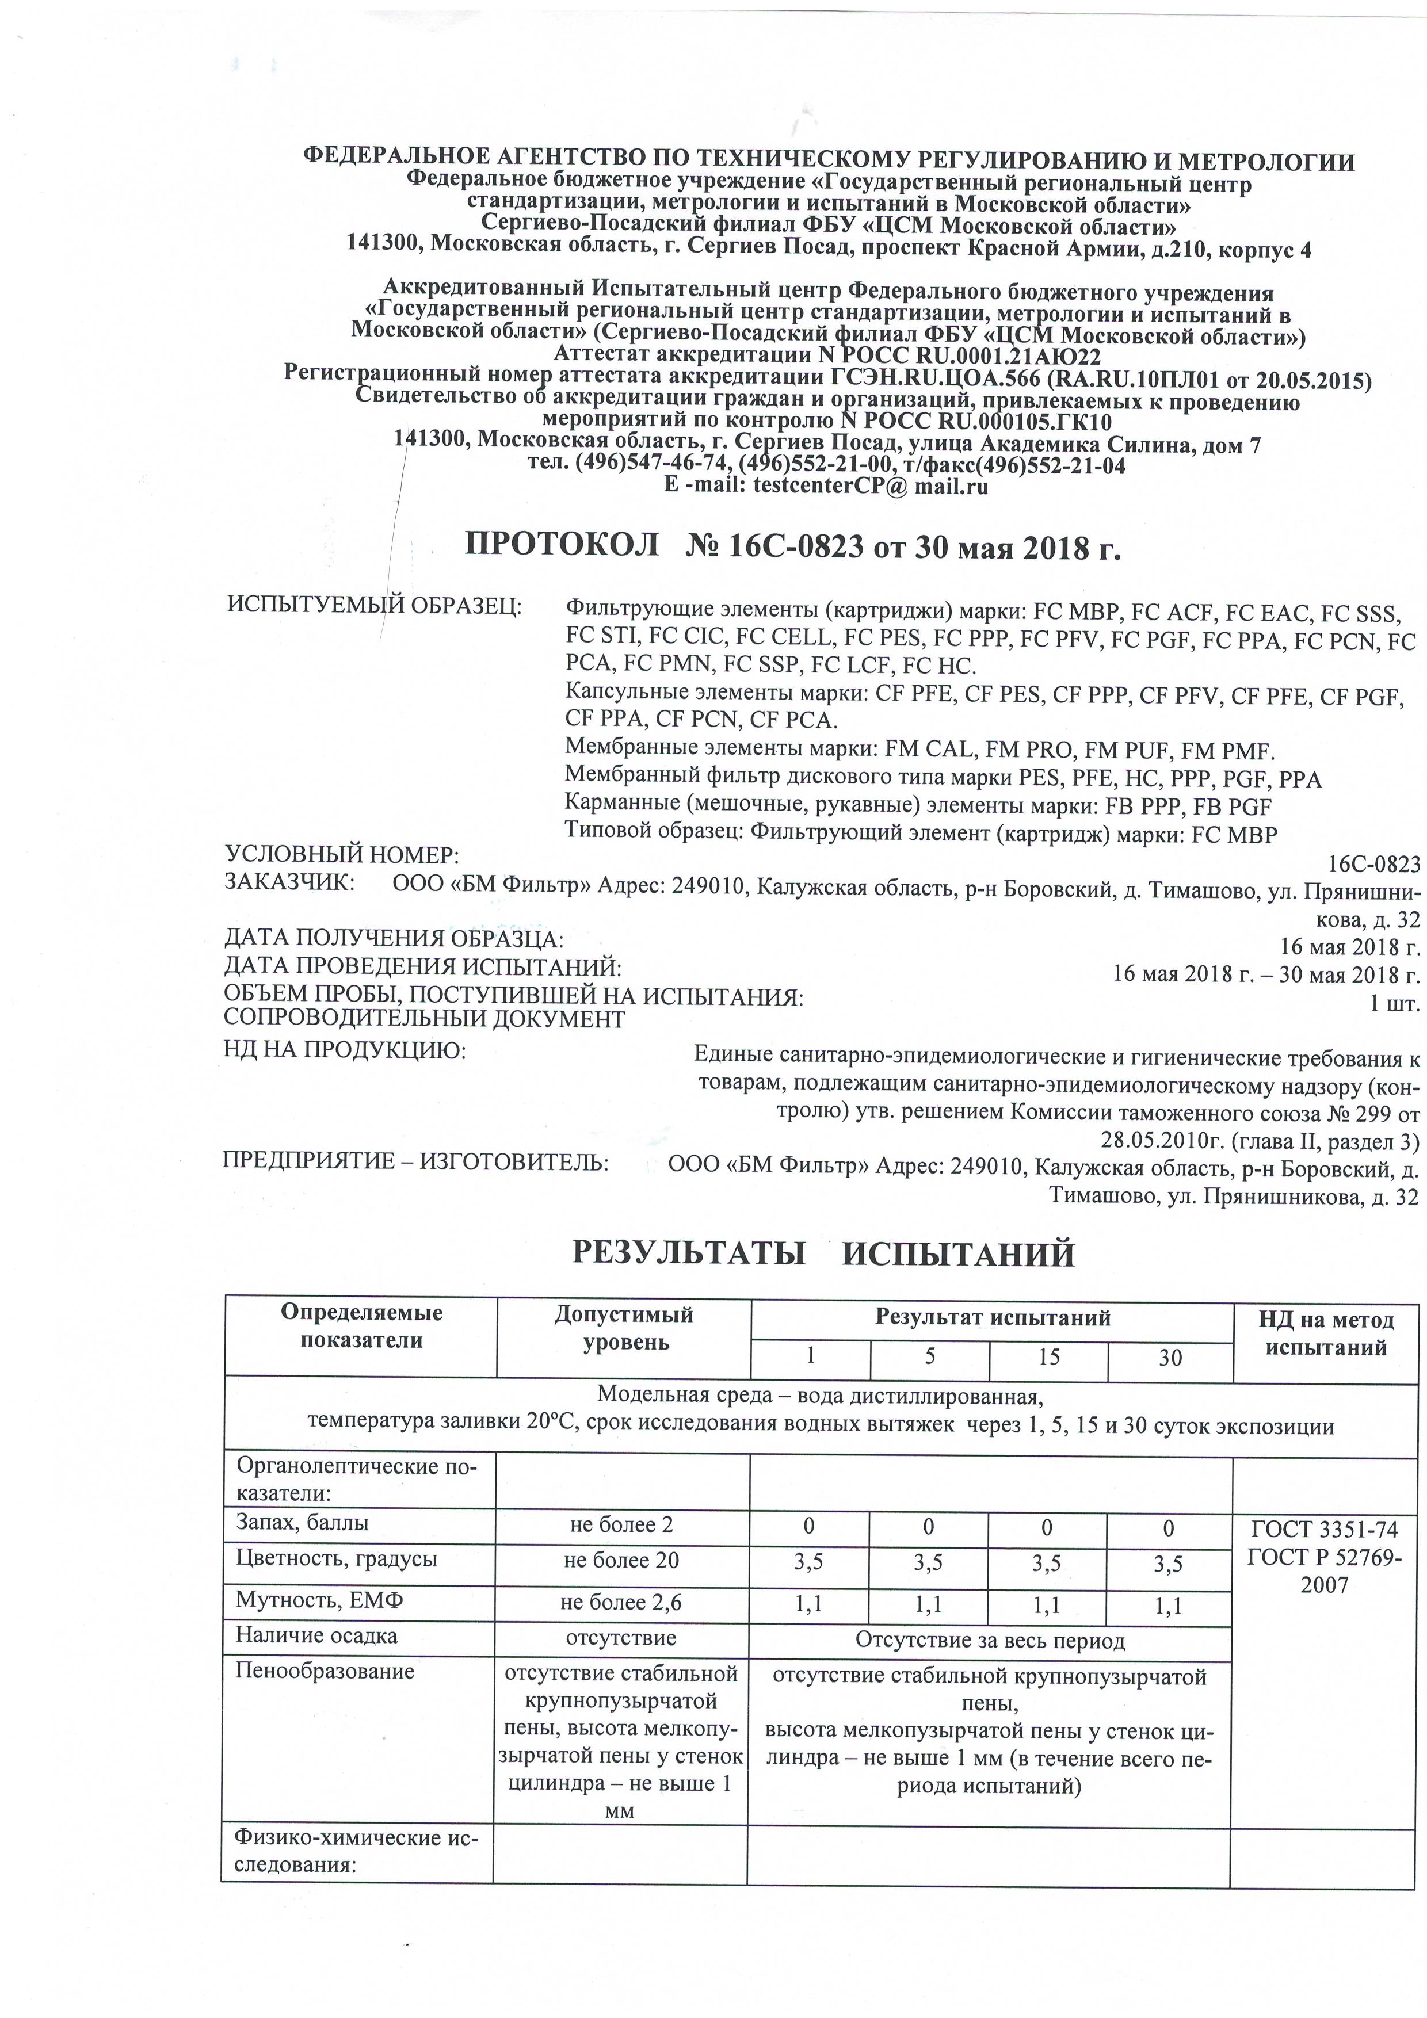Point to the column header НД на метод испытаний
[1325, 1333]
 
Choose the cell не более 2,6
[621, 1602]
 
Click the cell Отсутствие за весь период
[990, 1640]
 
